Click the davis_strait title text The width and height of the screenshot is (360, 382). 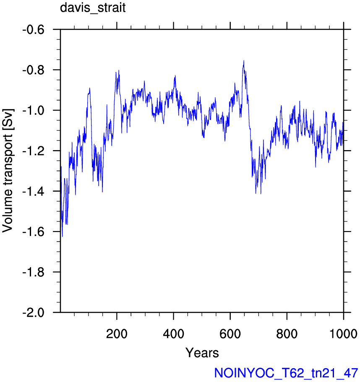pos(93,8)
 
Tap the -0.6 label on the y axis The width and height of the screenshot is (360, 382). pos(34,30)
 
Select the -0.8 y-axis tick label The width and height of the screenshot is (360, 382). pos(34,70)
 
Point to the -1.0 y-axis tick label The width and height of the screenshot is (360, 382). pos(34,111)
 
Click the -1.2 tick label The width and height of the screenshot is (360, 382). pos(34,151)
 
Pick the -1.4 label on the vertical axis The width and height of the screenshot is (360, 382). pos(34,192)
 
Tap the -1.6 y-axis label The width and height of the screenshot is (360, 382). pos(34,232)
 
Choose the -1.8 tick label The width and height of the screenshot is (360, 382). pos(34,272)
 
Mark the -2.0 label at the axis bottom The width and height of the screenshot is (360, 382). pos(34,312)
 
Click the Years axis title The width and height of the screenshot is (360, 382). pos(202,353)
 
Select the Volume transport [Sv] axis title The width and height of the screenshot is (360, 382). pos(8,171)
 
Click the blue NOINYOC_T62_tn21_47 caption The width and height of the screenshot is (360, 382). pos(286,373)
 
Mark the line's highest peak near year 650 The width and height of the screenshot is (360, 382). pos(243,61)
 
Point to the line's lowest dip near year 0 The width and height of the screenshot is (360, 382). pos(63,236)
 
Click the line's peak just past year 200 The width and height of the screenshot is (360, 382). pos(119,70)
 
